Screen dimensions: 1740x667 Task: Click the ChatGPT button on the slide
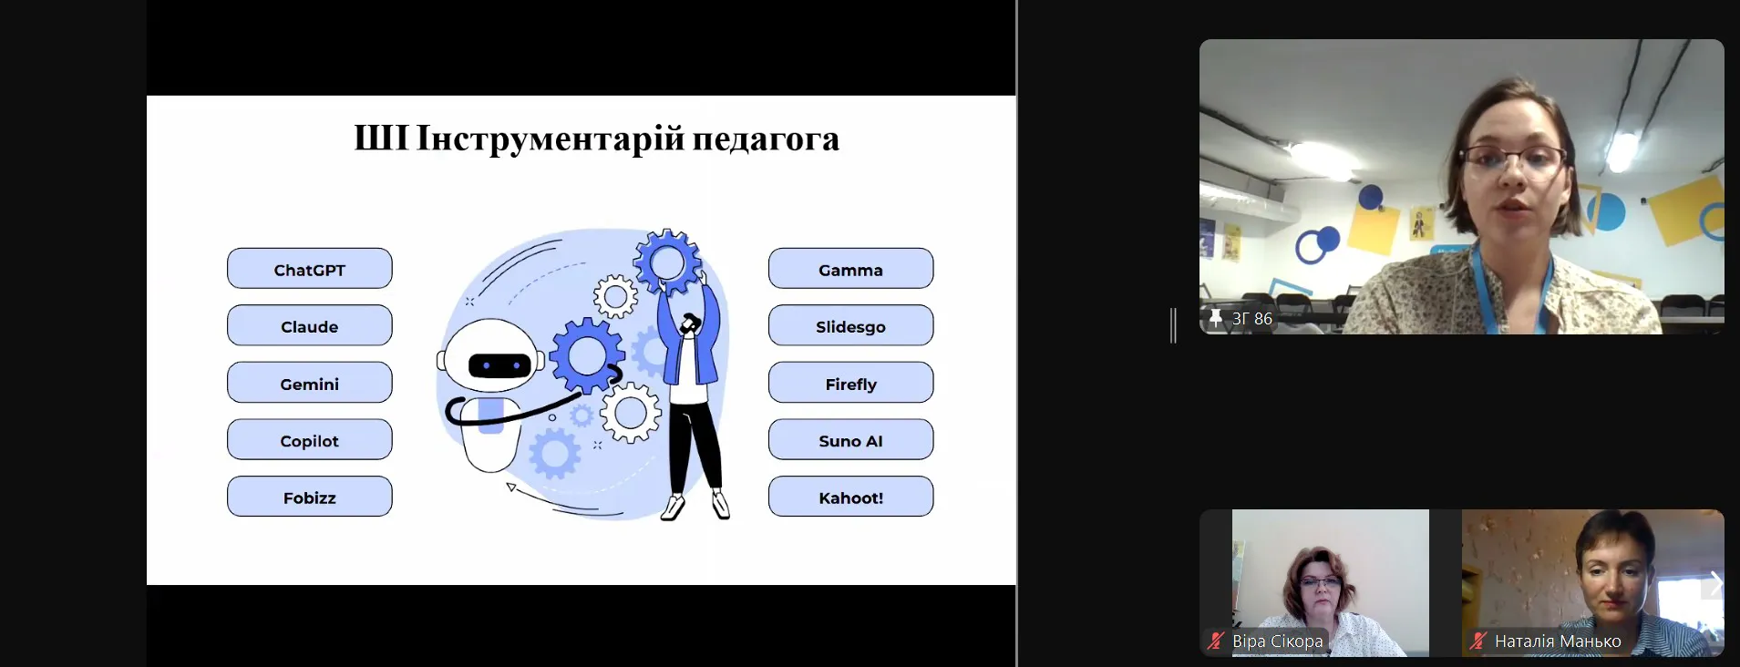[x=310, y=269]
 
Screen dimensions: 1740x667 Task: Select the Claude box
[x=310, y=325]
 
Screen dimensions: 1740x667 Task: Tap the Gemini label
[x=310, y=383]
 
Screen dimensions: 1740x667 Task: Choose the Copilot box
[x=310, y=439]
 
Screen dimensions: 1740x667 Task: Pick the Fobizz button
[x=310, y=497]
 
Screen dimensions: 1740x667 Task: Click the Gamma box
[x=851, y=269]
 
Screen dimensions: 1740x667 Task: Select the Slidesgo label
[x=851, y=325]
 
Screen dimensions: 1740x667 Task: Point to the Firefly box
[x=851, y=383]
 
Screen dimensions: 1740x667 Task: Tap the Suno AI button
[x=851, y=439]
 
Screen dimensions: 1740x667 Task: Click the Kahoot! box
[x=851, y=497]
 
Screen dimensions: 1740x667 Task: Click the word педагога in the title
[x=766, y=139]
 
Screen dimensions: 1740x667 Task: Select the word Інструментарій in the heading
[x=551, y=139]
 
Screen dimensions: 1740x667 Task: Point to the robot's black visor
[x=499, y=365]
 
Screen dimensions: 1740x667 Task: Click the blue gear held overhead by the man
[x=668, y=262]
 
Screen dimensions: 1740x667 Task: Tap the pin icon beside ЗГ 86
[x=1216, y=318]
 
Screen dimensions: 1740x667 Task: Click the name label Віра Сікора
[x=1277, y=641]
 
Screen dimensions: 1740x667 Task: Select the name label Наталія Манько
[x=1558, y=641]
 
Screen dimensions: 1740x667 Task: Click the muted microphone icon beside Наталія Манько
[x=1477, y=641]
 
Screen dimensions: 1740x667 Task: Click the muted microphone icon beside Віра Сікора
[x=1215, y=641]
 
